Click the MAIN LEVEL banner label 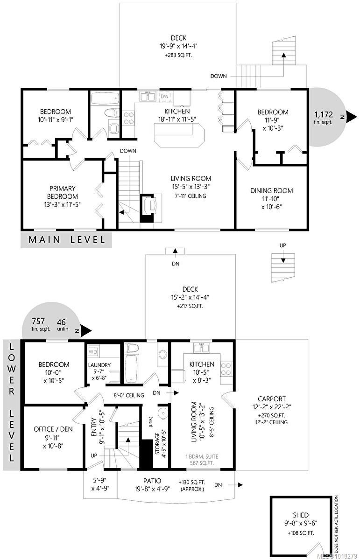[66, 240]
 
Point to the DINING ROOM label [271, 190]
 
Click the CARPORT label [272, 399]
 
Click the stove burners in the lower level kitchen [226, 369]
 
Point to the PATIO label [152, 481]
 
